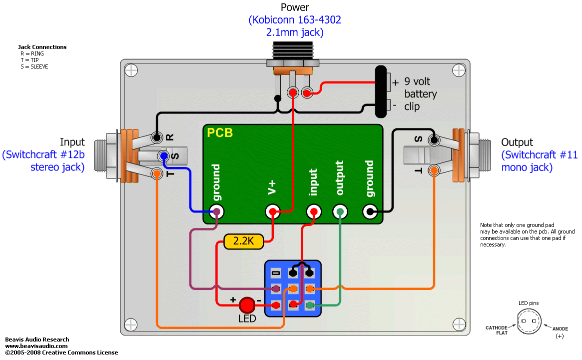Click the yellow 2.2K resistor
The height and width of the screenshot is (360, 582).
pos(243,241)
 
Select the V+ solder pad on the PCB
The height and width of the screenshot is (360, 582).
pos(272,211)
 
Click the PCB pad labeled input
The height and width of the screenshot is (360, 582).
pos(313,211)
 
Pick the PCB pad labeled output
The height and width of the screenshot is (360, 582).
pos(340,211)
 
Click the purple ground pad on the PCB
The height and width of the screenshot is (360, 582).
pos(216,211)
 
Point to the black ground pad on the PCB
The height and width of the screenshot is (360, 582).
pos(370,211)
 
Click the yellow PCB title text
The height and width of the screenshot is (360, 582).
pos(220,133)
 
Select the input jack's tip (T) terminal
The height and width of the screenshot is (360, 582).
pos(157,173)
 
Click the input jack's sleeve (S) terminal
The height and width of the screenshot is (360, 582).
pos(163,156)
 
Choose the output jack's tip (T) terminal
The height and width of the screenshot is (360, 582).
pos(434,170)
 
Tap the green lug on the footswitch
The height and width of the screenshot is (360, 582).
pos(310,305)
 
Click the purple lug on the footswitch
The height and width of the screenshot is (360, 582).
pos(275,288)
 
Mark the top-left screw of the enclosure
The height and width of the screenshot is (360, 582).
pos(131,70)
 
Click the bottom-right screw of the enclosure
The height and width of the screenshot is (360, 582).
pos(459,324)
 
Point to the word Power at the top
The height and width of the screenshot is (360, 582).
pos(295,7)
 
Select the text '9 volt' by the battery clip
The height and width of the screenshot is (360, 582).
pos(417,81)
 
